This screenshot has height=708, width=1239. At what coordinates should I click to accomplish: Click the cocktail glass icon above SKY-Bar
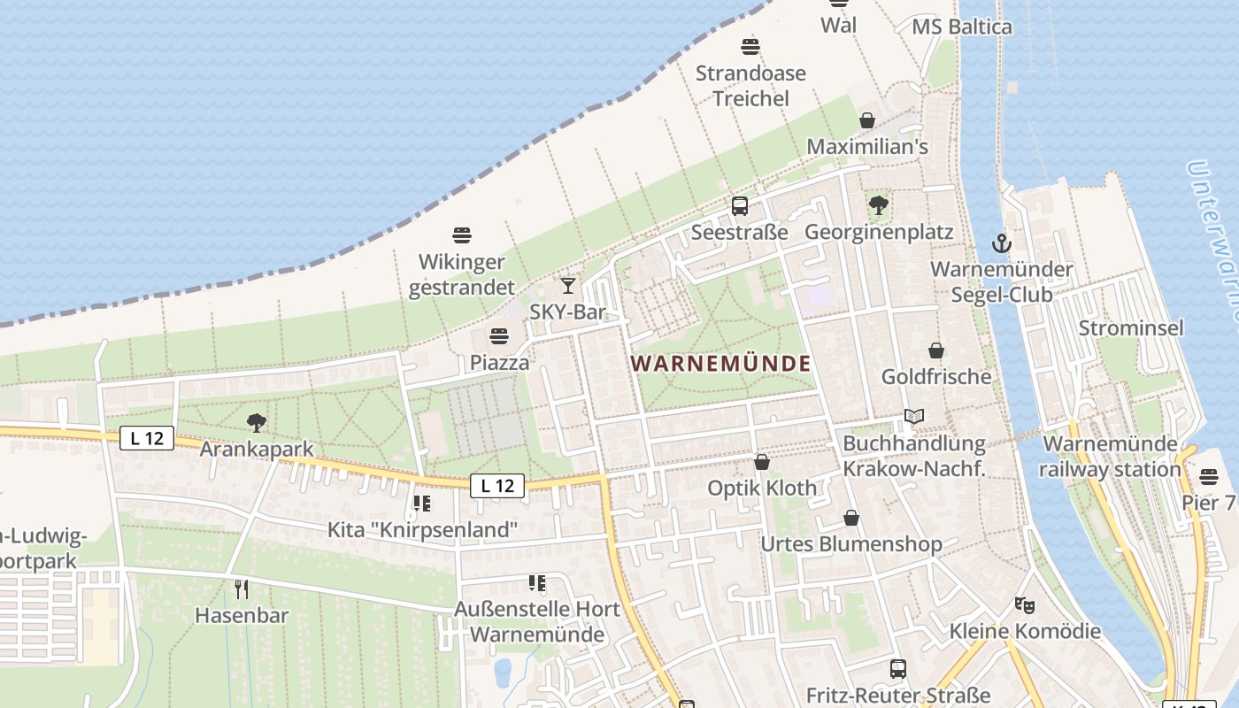tap(568, 285)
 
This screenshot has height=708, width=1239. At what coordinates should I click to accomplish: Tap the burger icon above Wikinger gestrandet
tap(462, 235)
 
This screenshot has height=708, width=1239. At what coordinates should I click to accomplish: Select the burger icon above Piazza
tap(499, 336)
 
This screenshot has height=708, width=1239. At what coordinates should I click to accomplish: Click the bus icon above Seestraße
tap(740, 206)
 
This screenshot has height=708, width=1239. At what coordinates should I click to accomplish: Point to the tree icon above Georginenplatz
tap(879, 205)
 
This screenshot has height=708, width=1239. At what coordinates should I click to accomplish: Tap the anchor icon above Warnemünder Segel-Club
tap(1001, 242)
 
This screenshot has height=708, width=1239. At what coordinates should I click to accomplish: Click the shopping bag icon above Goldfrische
tap(936, 350)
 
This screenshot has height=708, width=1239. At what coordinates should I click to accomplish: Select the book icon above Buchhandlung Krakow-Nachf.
tap(914, 416)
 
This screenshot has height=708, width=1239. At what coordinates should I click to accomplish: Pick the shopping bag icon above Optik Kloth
tap(762, 462)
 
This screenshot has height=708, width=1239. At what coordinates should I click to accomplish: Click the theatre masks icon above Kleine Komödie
tap(1025, 605)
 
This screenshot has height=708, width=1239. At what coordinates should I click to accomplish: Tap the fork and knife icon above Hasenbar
tap(242, 589)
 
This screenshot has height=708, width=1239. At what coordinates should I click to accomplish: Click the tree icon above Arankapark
tap(257, 423)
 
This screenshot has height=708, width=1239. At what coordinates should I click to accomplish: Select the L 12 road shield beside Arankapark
tap(147, 437)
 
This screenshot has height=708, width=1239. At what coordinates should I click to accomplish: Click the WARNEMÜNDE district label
tap(721, 363)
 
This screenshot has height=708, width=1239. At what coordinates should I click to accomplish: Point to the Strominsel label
tap(1130, 328)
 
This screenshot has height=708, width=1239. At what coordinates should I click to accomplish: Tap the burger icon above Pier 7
tap(1209, 477)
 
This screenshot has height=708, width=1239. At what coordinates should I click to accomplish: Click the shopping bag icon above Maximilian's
tap(867, 120)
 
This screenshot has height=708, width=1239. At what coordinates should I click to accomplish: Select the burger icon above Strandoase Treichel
tap(750, 46)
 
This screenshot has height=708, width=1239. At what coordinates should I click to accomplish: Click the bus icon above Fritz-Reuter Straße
tap(898, 669)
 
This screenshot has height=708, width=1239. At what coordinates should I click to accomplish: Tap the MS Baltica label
tap(962, 27)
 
